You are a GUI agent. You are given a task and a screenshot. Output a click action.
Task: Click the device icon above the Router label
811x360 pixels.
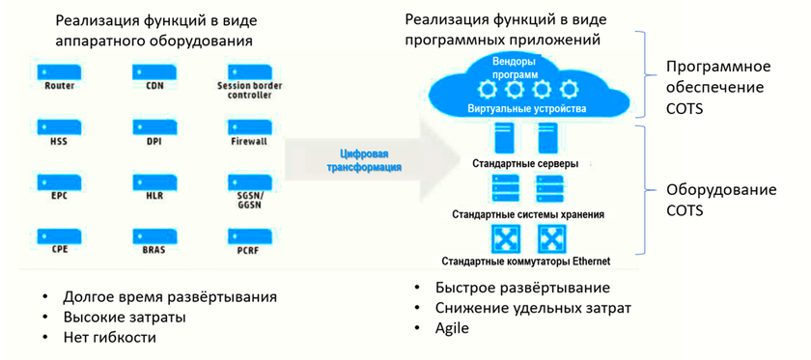(x=59, y=71)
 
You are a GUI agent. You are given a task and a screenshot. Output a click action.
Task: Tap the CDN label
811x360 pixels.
(x=154, y=85)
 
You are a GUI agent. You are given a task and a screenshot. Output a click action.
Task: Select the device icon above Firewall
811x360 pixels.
(x=249, y=127)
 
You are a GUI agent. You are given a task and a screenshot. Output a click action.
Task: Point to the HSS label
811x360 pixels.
(x=59, y=141)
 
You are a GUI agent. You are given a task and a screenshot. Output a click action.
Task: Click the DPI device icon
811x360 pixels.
(x=154, y=127)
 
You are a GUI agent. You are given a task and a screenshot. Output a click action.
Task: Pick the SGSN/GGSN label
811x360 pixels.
(x=249, y=201)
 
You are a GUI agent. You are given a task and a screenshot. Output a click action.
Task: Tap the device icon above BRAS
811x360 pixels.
(x=154, y=237)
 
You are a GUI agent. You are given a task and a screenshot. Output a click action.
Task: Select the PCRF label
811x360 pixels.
(x=249, y=251)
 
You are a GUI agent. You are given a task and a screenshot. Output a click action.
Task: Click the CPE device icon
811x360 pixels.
(x=59, y=237)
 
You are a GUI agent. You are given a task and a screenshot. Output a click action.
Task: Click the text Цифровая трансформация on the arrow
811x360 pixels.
(x=365, y=160)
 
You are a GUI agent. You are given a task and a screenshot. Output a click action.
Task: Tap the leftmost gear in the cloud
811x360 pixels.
(x=487, y=91)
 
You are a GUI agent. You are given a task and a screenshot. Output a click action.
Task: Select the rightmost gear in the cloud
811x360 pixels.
(x=569, y=91)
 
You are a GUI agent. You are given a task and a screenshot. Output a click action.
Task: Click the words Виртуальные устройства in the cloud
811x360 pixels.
(x=527, y=109)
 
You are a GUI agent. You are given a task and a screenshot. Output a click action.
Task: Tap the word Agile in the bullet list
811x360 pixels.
(x=452, y=328)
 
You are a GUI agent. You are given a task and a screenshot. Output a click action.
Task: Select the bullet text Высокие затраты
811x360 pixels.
(x=125, y=318)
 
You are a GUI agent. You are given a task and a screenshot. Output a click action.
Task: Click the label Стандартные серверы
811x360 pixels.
(x=525, y=164)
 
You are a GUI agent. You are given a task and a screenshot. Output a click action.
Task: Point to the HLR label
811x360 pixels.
(x=154, y=196)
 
